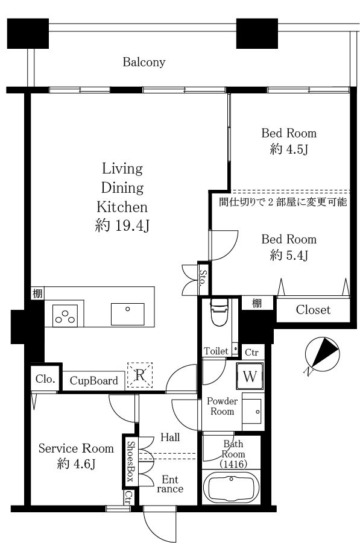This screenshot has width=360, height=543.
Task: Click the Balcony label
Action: click(x=144, y=62)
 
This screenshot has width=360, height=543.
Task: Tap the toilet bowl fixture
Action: click(x=219, y=313)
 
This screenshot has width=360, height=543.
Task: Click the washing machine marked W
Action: click(x=250, y=376)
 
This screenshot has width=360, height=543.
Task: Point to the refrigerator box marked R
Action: click(x=140, y=375)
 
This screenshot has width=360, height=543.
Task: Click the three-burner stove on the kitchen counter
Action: click(x=65, y=315)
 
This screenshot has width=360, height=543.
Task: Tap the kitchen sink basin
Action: click(x=127, y=314)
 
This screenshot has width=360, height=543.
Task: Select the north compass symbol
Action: click(x=322, y=354)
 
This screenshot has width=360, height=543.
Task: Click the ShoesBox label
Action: click(x=130, y=461)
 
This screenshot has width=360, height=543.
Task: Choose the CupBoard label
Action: click(x=94, y=381)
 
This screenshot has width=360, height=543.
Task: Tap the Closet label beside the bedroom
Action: click(x=313, y=310)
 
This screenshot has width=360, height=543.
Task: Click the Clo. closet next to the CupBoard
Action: click(x=45, y=379)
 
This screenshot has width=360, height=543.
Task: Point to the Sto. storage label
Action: click(x=203, y=278)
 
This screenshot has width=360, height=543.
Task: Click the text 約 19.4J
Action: click(x=122, y=226)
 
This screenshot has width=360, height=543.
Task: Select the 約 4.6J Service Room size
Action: click(x=76, y=463)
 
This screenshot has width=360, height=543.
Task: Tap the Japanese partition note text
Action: click(x=283, y=201)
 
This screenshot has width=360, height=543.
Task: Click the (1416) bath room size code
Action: click(x=233, y=464)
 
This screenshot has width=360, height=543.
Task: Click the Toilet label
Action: click(x=216, y=351)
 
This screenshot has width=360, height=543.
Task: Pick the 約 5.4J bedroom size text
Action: click(x=289, y=256)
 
